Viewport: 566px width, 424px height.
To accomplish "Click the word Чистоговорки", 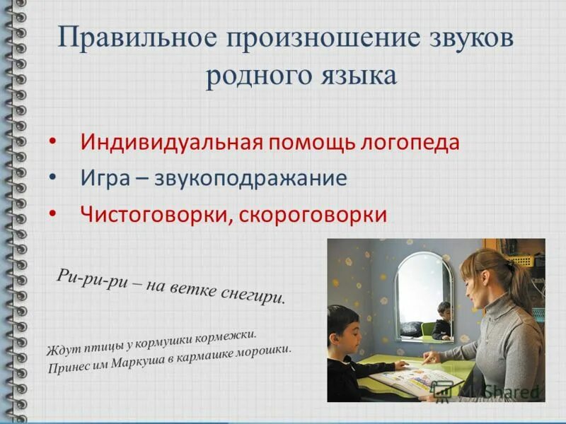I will click(152, 213).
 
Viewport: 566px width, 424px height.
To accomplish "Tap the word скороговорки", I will click(313, 213).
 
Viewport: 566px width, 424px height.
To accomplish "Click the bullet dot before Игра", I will click(54, 177).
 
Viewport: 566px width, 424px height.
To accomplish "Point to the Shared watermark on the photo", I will click(495, 391).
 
